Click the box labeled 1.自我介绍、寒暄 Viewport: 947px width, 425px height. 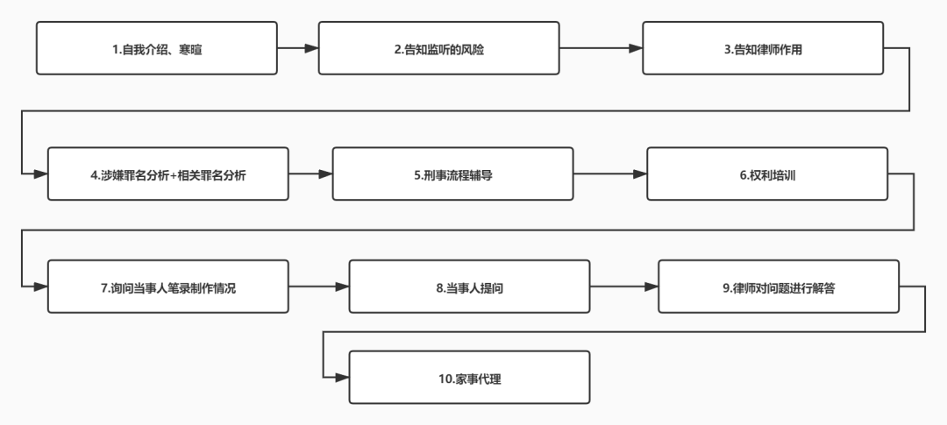point(156,48)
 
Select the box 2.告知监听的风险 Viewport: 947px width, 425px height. point(438,48)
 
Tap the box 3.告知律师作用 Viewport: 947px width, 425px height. point(763,48)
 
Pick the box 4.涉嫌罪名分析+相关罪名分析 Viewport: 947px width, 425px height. point(167,174)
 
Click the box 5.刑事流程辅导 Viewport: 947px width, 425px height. point(452,174)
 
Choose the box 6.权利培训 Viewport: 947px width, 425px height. point(767,174)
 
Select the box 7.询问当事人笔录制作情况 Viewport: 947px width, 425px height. point(167,287)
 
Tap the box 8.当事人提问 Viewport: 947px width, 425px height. point(469,287)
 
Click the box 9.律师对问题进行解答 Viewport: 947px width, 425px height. point(779,287)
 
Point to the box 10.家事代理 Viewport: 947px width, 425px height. point(469,378)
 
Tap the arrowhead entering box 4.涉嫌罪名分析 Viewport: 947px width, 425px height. point(40,174)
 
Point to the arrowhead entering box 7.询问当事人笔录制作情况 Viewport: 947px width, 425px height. point(40,287)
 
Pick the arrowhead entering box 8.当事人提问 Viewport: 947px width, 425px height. point(342,287)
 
